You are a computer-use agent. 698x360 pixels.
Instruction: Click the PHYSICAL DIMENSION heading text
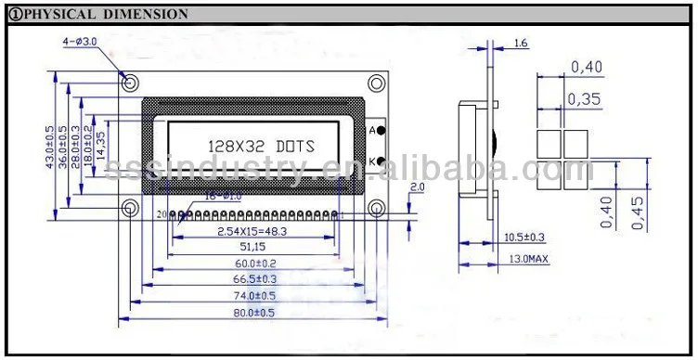tap(102, 14)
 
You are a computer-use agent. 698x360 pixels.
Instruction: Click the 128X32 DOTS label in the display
tap(259, 147)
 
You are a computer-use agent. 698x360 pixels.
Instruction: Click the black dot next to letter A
tap(381, 131)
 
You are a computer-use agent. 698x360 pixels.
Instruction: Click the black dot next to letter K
tap(381, 162)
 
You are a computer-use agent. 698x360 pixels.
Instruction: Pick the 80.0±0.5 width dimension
tap(252, 313)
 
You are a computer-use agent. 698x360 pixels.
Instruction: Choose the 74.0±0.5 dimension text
tap(252, 296)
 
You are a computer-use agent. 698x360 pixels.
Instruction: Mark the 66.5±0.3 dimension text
tap(252, 279)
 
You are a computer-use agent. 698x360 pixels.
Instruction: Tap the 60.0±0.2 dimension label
tap(252, 264)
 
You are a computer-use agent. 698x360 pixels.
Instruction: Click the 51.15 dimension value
tap(252, 247)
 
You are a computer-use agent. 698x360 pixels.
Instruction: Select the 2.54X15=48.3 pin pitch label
tap(252, 230)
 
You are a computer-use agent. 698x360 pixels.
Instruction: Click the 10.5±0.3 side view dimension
tap(524, 238)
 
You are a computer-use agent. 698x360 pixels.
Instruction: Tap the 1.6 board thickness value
tap(520, 44)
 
